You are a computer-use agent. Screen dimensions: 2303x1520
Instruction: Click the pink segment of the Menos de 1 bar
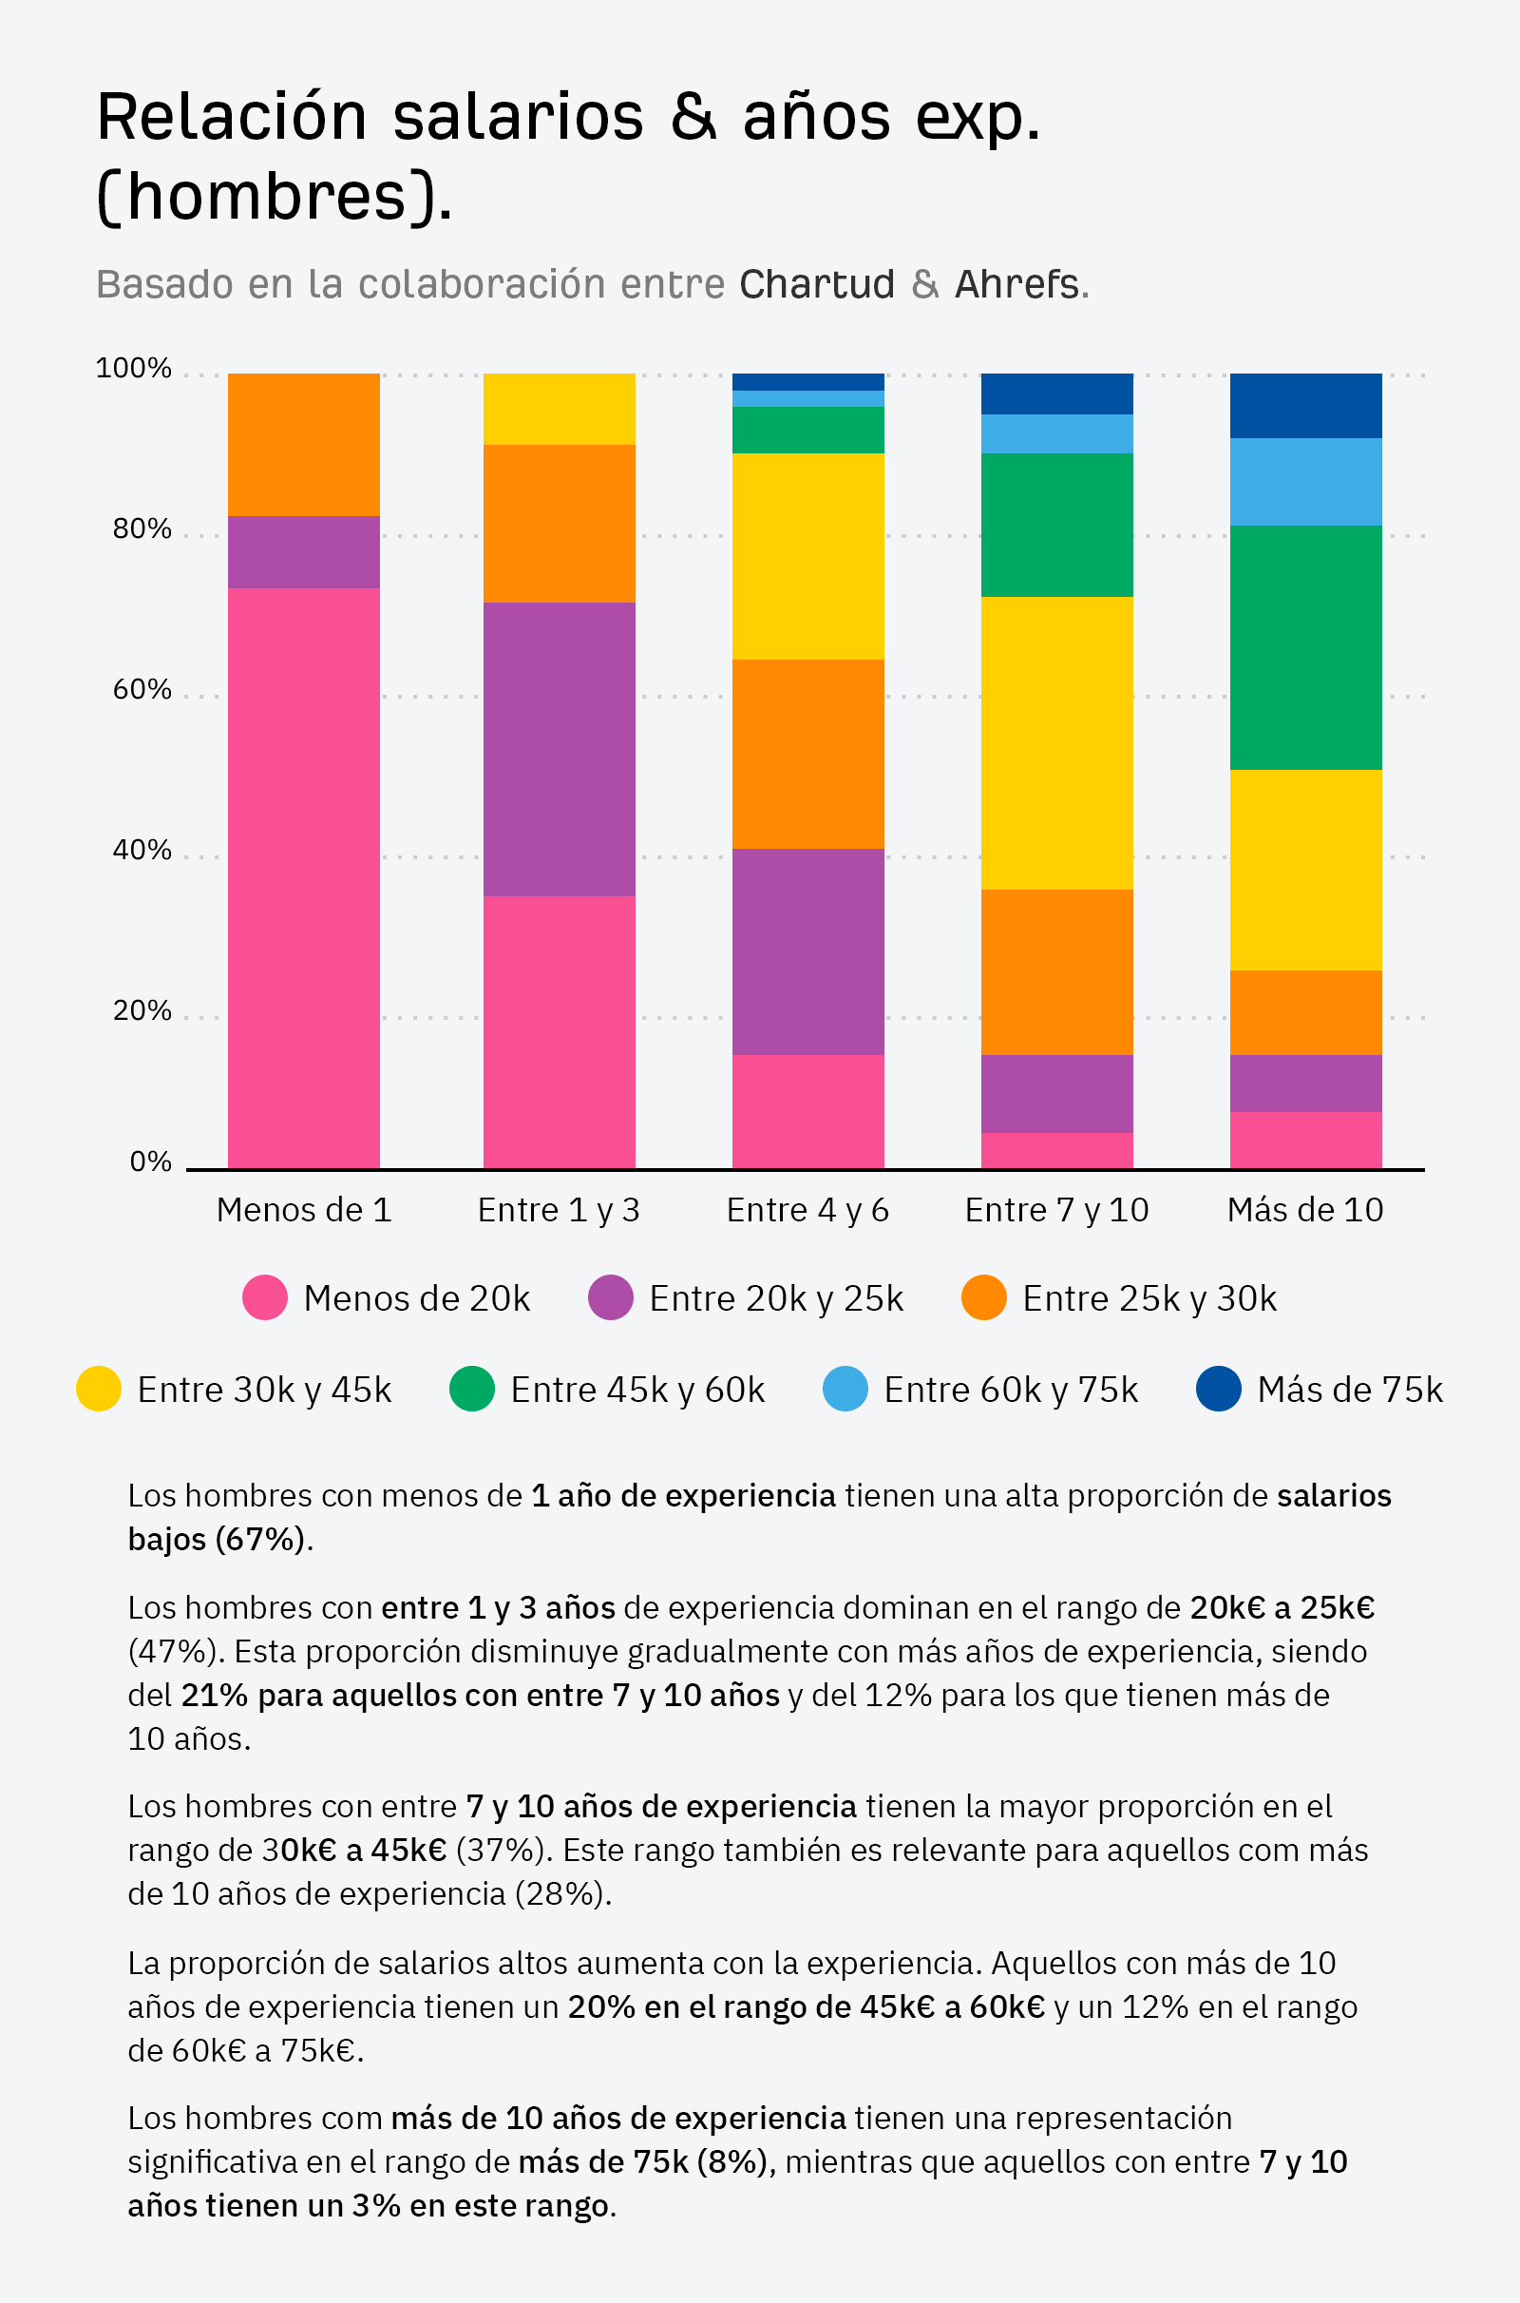(303, 877)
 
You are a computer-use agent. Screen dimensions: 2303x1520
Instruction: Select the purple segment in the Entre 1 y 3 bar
(560, 749)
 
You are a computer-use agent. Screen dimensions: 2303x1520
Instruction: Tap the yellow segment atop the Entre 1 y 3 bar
(560, 409)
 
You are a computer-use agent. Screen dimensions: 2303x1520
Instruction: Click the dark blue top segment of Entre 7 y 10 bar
(1056, 393)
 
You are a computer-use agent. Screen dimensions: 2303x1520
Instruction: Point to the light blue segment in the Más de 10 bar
(1304, 481)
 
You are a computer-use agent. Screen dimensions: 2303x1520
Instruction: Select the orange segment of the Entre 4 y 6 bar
(807, 754)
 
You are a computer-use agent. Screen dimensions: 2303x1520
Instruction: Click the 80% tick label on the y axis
(142, 528)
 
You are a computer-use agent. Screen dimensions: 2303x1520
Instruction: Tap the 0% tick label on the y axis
(150, 1161)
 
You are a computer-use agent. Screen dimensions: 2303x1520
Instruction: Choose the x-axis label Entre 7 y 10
(1056, 1210)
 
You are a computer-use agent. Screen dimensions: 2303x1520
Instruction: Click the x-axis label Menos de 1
(303, 1210)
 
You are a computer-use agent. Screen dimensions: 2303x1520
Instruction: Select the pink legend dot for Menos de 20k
(265, 1297)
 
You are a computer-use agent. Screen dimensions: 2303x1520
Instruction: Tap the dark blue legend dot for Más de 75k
(1219, 1389)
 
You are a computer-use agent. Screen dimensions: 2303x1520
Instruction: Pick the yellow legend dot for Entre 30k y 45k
(99, 1389)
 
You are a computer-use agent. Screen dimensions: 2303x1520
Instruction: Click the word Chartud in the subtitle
(816, 284)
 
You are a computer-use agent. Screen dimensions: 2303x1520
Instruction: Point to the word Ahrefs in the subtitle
(1016, 284)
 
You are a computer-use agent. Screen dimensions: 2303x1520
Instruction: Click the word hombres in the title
(267, 197)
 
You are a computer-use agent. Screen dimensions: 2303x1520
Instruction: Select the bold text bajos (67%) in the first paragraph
(218, 1539)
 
